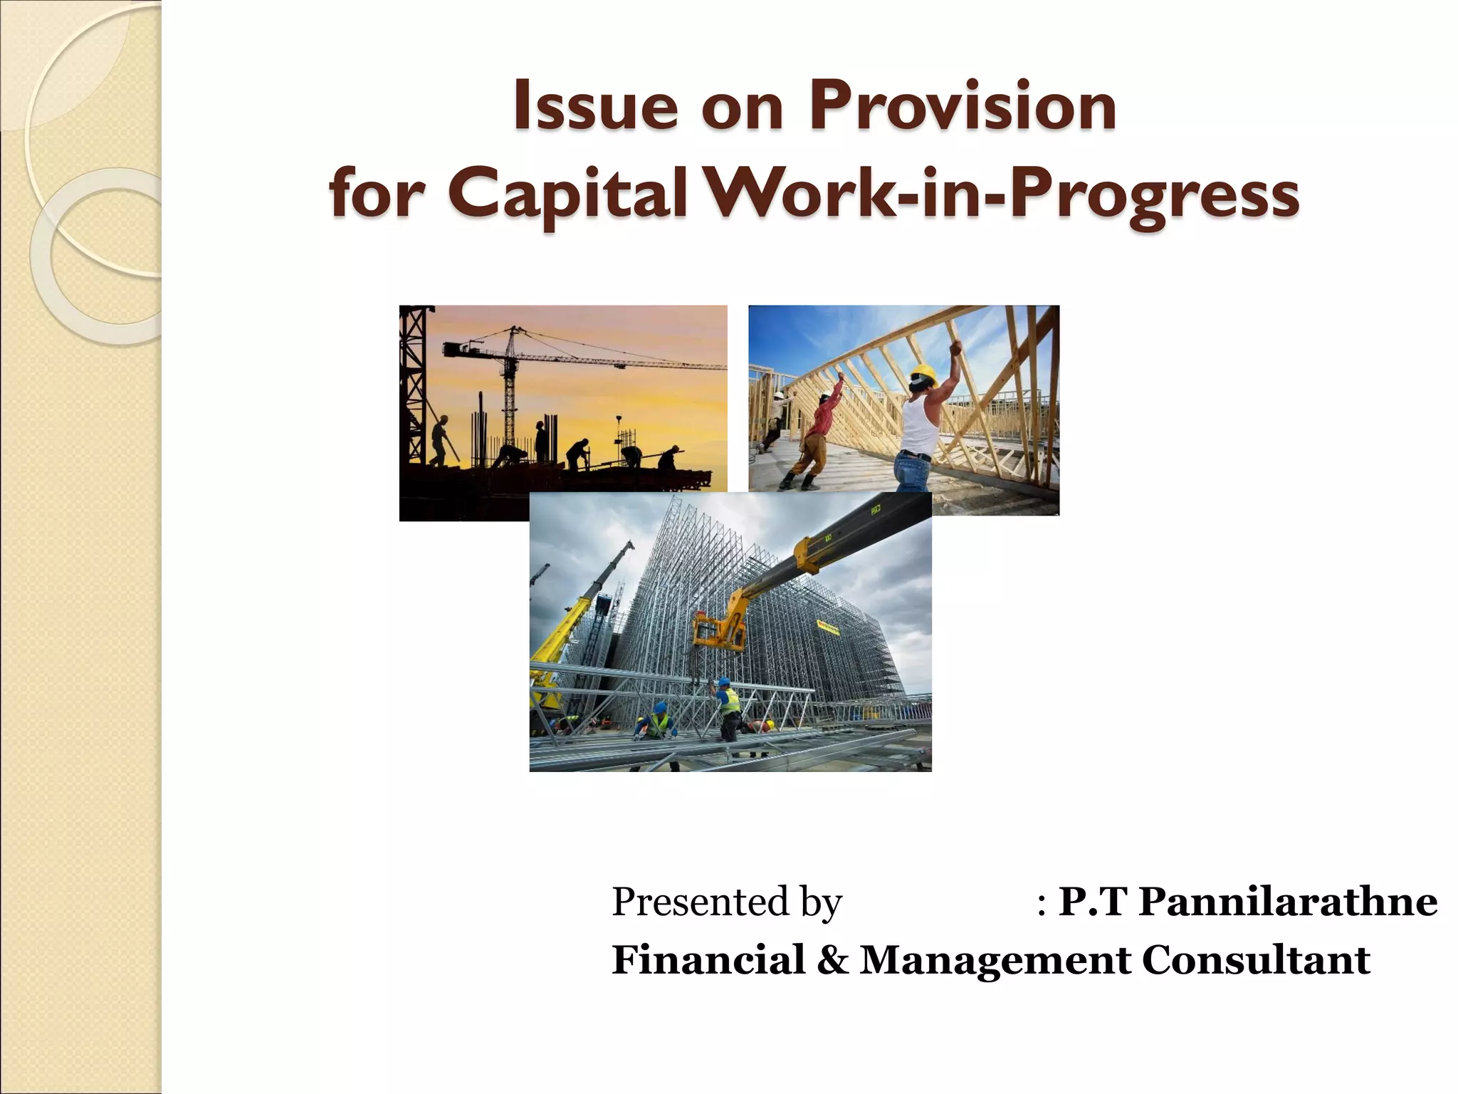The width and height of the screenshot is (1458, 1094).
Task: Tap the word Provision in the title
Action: [x=963, y=107]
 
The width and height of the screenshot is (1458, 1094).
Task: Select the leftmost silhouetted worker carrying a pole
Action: [x=440, y=442]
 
